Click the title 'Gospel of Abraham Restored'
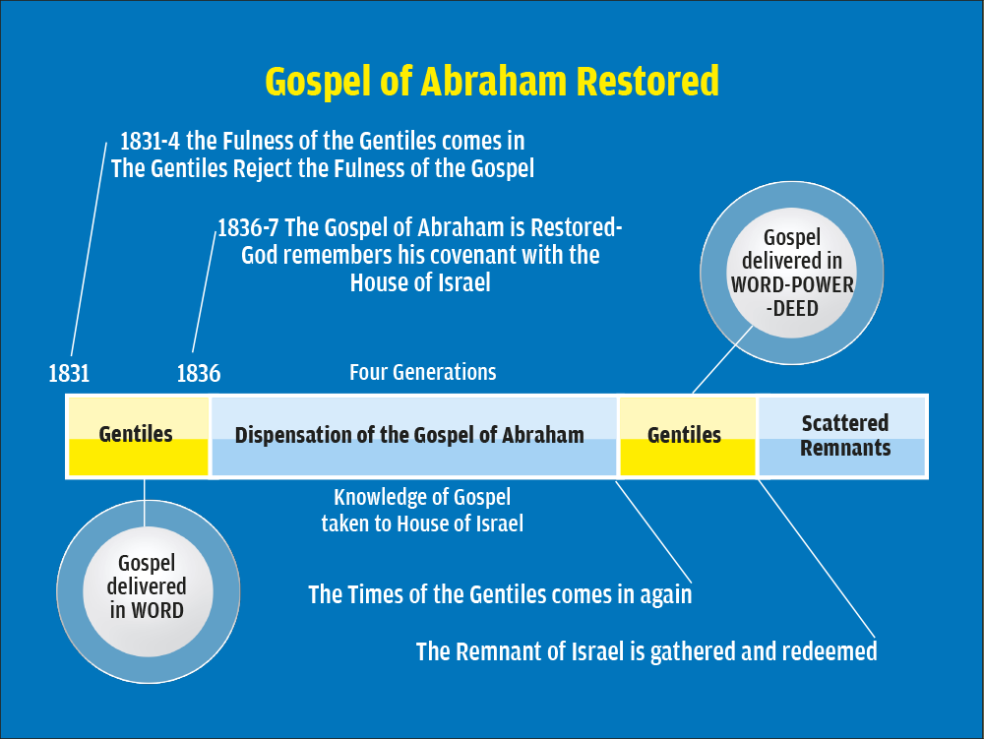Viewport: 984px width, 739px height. click(492, 82)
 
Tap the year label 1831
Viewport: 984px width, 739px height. click(69, 374)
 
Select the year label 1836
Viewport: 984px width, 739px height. click(199, 374)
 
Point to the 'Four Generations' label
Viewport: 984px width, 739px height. click(422, 372)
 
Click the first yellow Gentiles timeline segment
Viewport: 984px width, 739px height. click(138, 436)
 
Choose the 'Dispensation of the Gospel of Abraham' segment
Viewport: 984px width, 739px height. click(414, 436)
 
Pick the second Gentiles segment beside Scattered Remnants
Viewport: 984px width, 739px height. click(688, 436)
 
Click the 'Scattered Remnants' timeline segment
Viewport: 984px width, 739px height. click(842, 436)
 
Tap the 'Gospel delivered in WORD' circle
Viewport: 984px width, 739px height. click(149, 591)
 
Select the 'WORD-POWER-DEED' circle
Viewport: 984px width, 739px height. click(792, 273)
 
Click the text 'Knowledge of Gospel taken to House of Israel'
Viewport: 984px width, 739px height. click(422, 510)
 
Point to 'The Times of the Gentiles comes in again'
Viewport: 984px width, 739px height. click(500, 594)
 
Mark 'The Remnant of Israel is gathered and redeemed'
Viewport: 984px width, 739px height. click(646, 651)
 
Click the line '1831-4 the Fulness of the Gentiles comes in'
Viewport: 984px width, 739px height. click(322, 141)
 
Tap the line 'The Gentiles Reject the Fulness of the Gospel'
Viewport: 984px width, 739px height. click(323, 168)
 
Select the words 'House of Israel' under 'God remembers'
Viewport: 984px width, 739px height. click(420, 283)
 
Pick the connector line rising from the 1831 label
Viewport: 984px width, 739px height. click(90, 249)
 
